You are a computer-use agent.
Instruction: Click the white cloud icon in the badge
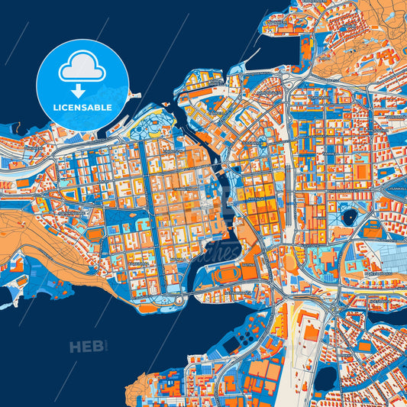coord(82,67)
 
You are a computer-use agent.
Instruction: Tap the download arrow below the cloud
coord(82,89)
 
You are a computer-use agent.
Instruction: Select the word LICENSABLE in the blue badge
coord(82,108)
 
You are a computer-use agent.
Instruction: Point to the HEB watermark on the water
coord(86,347)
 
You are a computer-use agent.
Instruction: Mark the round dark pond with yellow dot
coord(350,217)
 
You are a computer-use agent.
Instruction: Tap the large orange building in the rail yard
coord(312,334)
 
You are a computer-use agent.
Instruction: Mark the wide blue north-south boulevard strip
coord(144,199)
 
